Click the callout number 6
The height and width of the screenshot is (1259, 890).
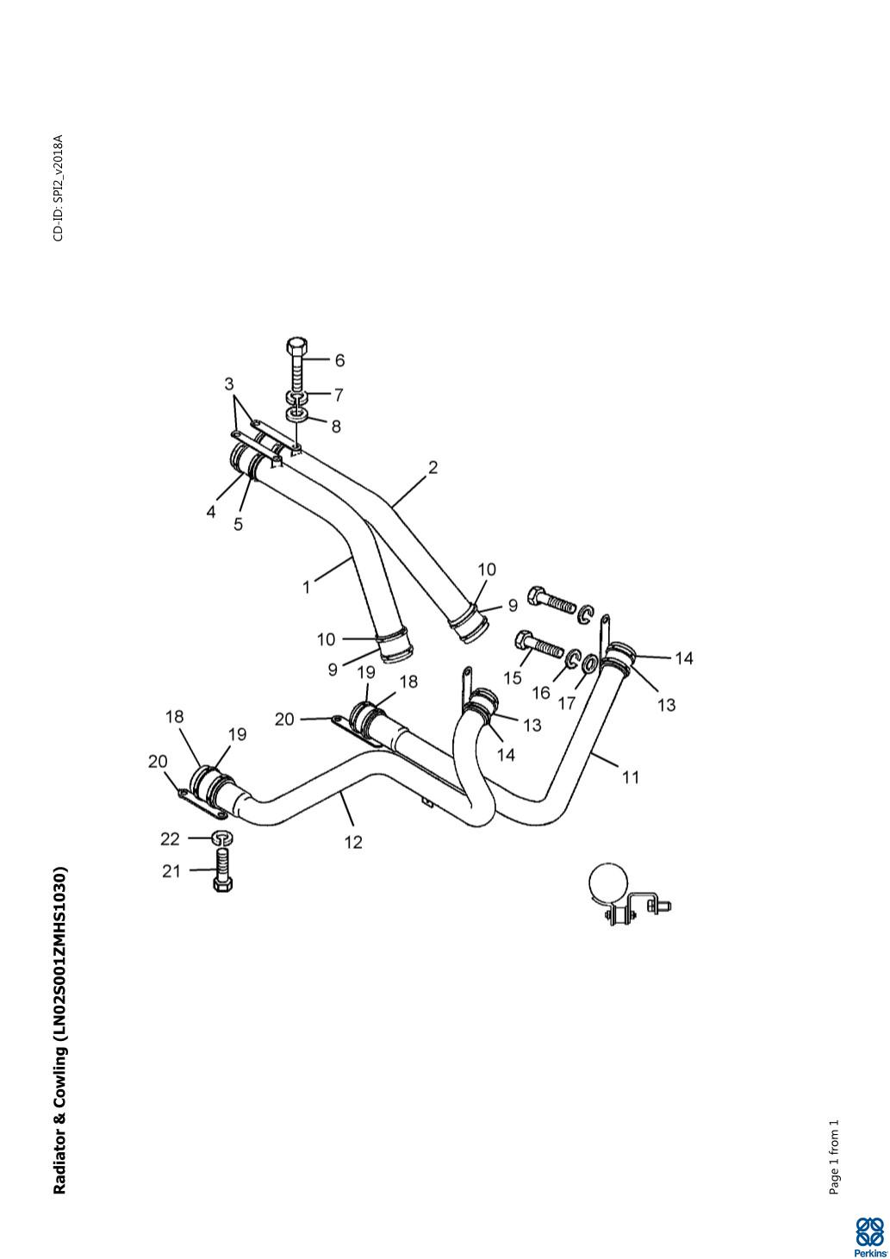(x=339, y=360)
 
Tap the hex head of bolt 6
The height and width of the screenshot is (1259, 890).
(x=296, y=346)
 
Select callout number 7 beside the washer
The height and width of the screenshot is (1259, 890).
(x=339, y=395)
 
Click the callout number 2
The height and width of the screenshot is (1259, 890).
(x=433, y=468)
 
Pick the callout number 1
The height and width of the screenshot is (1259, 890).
(x=306, y=587)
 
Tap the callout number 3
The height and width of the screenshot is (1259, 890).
(x=229, y=383)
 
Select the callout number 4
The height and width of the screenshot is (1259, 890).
(x=210, y=512)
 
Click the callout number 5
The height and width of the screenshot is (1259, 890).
(x=239, y=523)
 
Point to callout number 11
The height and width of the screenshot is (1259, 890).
(x=631, y=776)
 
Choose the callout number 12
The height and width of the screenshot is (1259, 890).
(x=353, y=842)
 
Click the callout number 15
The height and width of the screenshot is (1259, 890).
(x=513, y=677)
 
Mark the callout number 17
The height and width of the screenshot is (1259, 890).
(x=566, y=703)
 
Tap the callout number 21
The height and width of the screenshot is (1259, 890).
(x=172, y=871)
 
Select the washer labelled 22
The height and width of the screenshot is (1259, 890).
(x=222, y=838)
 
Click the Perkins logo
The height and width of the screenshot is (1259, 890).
(x=868, y=1236)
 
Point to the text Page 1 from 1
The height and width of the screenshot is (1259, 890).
(x=833, y=1157)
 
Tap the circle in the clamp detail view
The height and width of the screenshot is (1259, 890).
(x=609, y=882)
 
